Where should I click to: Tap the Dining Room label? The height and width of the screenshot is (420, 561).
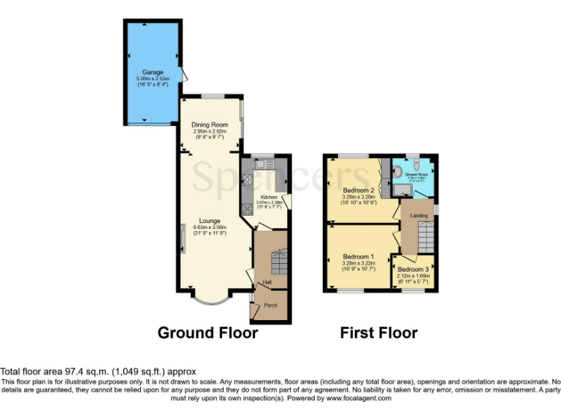(x=210, y=125)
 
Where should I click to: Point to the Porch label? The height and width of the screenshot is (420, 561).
(x=270, y=306)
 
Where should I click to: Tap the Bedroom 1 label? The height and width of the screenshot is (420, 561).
(x=358, y=257)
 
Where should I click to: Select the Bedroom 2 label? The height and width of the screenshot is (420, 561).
(x=358, y=190)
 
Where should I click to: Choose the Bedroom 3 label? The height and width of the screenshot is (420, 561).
(x=413, y=269)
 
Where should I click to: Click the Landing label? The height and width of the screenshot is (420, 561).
(x=419, y=216)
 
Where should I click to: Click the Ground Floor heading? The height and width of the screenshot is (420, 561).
(x=207, y=333)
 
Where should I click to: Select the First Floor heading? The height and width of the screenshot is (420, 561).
(x=378, y=333)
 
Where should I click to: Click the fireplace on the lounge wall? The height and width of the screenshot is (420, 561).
(x=183, y=237)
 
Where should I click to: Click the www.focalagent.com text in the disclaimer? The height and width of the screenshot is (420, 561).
(x=359, y=399)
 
